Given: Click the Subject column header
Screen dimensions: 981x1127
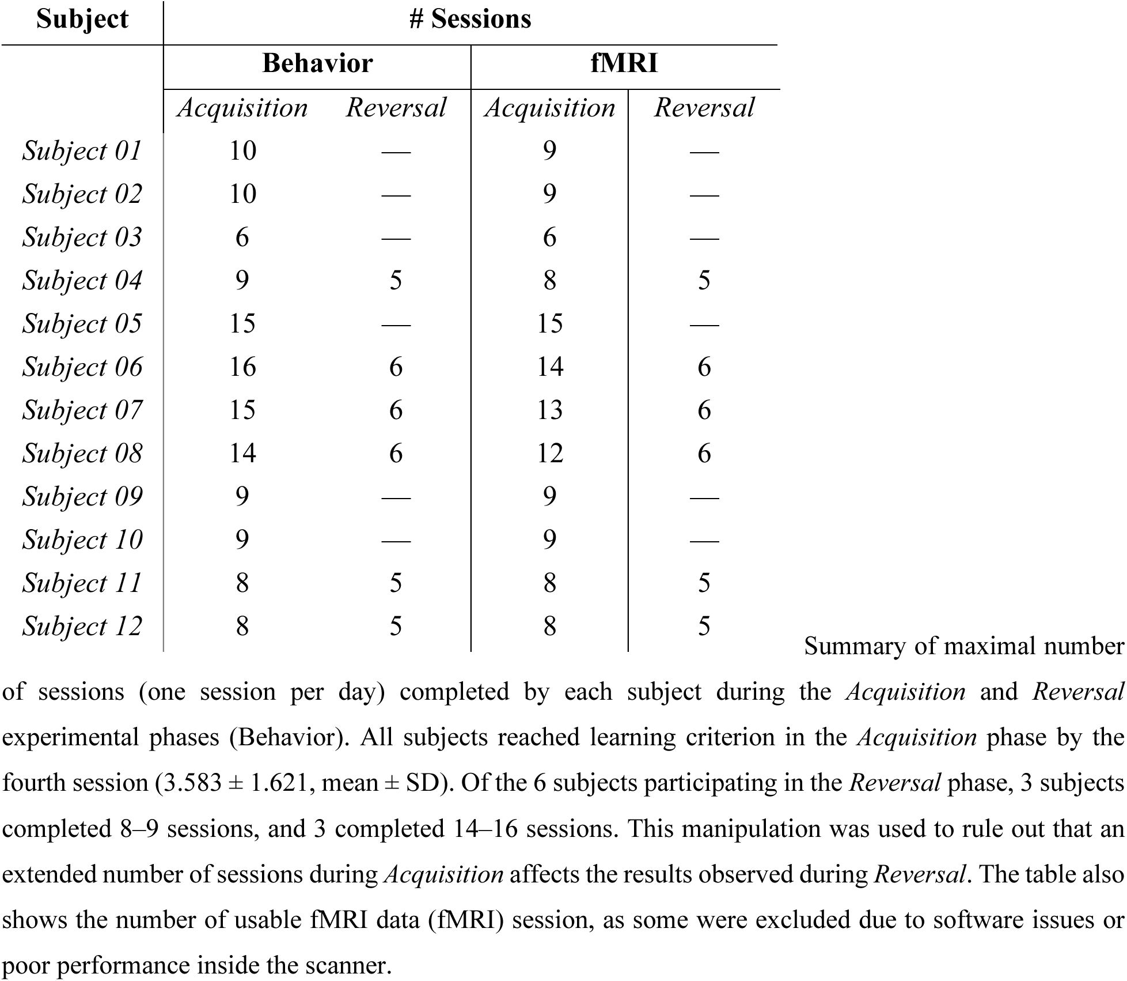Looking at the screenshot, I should (x=82, y=19).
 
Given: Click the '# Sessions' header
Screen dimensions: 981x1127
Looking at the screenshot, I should (x=470, y=19).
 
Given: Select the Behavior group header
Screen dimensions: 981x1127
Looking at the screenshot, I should (x=317, y=63).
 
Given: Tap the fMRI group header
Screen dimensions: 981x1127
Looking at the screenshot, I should (x=624, y=63).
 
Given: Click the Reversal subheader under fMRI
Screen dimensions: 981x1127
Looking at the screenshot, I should (x=704, y=108).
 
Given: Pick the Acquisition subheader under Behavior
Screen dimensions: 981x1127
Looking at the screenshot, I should (x=242, y=108).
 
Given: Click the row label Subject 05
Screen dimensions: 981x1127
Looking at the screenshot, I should (x=82, y=323).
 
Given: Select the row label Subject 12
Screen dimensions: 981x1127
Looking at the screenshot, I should (x=82, y=626).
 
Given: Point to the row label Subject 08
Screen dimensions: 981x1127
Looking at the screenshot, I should (x=82, y=453).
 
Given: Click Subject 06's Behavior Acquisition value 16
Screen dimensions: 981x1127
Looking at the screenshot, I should (x=242, y=367).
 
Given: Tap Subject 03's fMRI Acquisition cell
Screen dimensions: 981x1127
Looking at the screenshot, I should (x=549, y=237).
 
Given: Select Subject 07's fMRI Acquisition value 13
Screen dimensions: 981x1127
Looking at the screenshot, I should (x=549, y=410).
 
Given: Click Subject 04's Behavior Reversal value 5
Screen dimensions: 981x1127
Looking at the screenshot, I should (x=396, y=280).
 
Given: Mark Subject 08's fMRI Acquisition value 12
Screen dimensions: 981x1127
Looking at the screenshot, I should (x=549, y=453).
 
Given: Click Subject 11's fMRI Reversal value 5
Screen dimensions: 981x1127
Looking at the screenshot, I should (x=704, y=583).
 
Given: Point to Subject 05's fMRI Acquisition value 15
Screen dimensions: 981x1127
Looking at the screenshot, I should (x=549, y=323).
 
